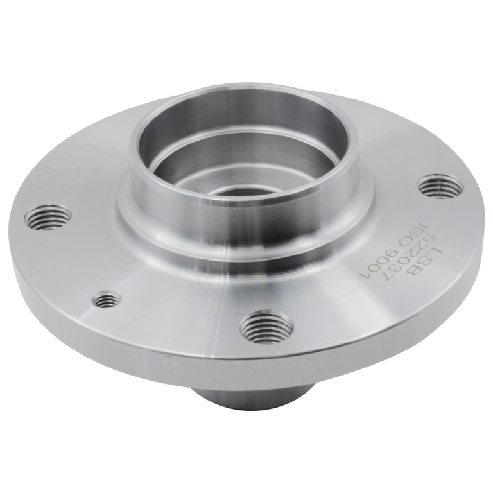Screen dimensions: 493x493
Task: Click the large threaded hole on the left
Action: (48, 217)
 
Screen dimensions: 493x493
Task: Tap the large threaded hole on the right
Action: (442, 187)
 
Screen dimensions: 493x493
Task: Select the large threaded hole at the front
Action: (266, 327)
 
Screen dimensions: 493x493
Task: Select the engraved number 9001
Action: (379, 265)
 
